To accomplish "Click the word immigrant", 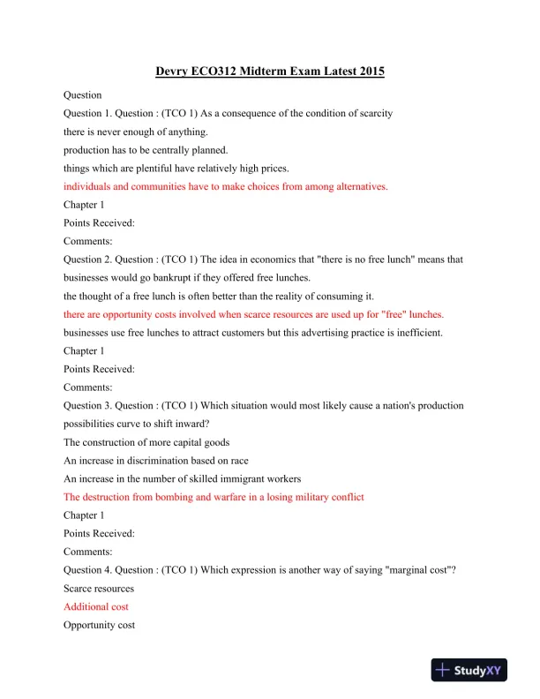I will point(227,479).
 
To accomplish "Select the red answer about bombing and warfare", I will point(214,497).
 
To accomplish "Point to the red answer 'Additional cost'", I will point(96,607).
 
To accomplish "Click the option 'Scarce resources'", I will point(99,589).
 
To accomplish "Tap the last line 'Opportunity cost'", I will point(99,626).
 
